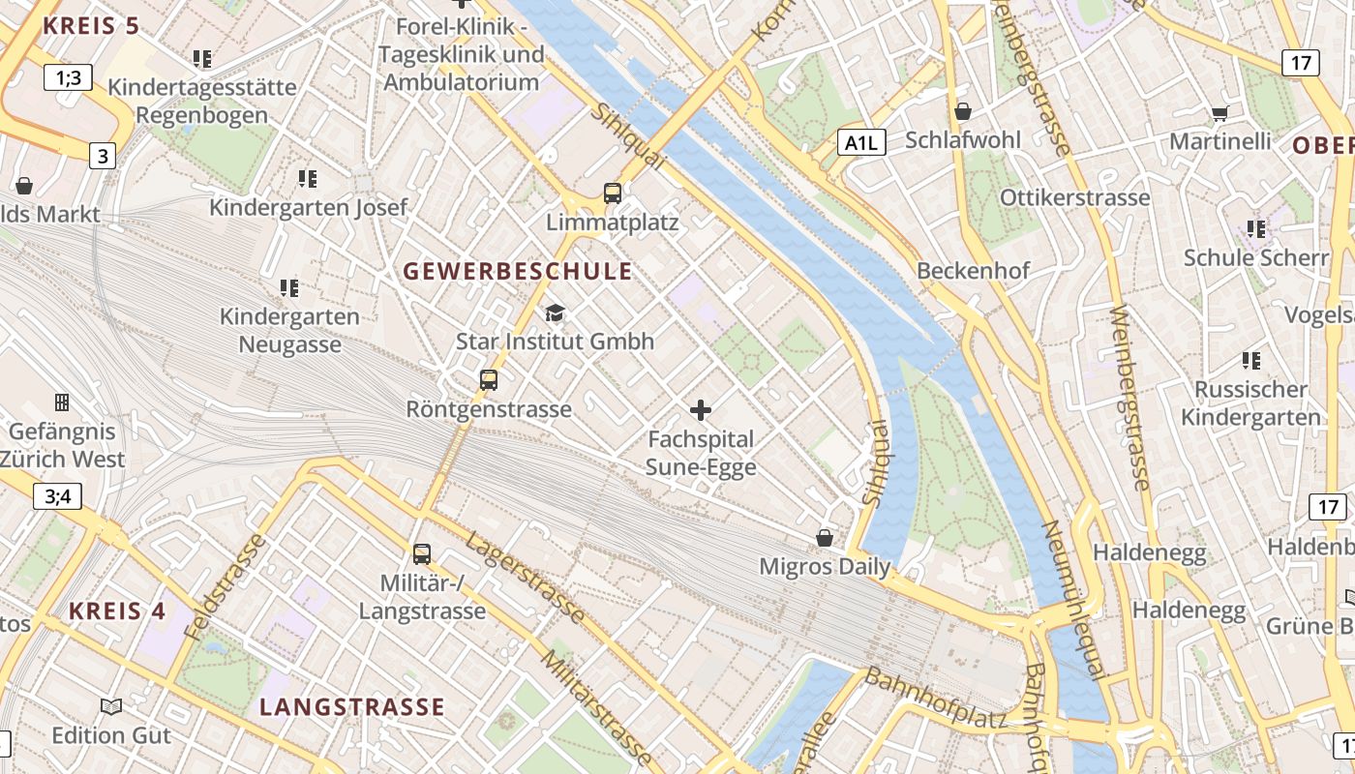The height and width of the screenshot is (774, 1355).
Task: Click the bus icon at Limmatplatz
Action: (x=612, y=193)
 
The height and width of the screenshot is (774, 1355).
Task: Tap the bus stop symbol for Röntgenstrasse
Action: (x=489, y=379)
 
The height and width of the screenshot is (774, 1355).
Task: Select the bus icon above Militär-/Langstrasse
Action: (x=422, y=553)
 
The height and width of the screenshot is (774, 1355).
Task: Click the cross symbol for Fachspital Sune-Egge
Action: (x=701, y=409)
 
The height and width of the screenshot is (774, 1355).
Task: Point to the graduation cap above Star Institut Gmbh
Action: (x=555, y=313)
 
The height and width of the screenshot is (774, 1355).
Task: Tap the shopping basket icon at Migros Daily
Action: (x=825, y=537)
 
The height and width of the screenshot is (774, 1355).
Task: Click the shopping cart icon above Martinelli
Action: (x=1219, y=113)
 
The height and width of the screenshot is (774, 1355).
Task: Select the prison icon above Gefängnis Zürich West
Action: (x=62, y=402)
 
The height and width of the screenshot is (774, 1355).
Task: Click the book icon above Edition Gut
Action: (x=111, y=706)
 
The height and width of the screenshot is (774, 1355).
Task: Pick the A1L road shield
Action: (x=861, y=143)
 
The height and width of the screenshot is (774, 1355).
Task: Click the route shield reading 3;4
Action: (x=58, y=497)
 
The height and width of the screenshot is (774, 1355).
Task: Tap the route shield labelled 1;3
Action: (x=69, y=77)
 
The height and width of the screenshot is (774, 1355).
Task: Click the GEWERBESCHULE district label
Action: (x=518, y=272)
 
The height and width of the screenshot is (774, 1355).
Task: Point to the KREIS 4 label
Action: (x=117, y=611)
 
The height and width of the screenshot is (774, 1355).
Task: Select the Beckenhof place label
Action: (x=974, y=271)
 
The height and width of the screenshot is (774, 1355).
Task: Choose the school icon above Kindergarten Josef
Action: (x=308, y=178)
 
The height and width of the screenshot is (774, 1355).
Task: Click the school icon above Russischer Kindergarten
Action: (x=1250, y=361)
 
